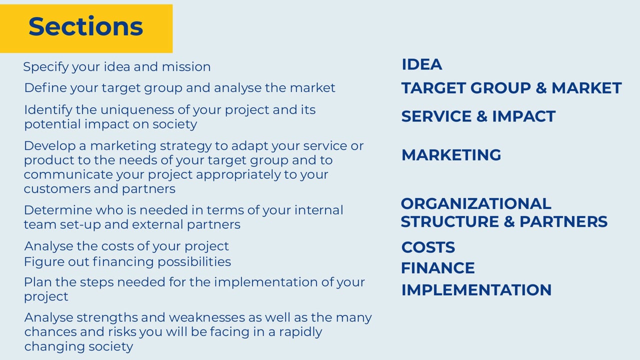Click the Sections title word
pyautogui.click(x=85, y=26)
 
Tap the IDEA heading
pyautogui.click(x=422, y=64)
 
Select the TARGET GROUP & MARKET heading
pyautogui.click(x=511, y=87)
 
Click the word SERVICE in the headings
pyautogui.click(x=436, y=116)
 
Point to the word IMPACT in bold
pyautogui.click(x=524, y=116)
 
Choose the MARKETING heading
pyautogui.click(x=451, y=155)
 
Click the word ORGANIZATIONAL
pyautogui.click(x=476, y=203)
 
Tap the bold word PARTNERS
pyautogui.click(x=563, y=221)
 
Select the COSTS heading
pyautogui.click(x=428, y=247)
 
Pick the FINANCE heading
pyautogui.click(x=438, y=268)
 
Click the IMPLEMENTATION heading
pyautogui.click(x=476, y=290)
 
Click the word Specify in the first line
pyautogui.click(x=45, y=67)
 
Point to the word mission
pyautogui.click(x=186, y=67)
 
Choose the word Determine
pyautogui.click(x=58, y=210)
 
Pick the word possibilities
pyautogui.click(x=194, y=262)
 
